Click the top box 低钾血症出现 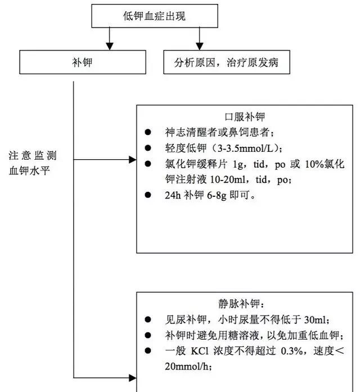pos(154,16)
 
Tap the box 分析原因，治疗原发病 pos(227,63)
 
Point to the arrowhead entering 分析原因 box pos(198,44)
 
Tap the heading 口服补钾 pos(246,118)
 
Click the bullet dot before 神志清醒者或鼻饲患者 pos(148,133)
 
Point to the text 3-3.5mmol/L pos(250,148)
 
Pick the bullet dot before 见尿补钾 pos(148,319)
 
